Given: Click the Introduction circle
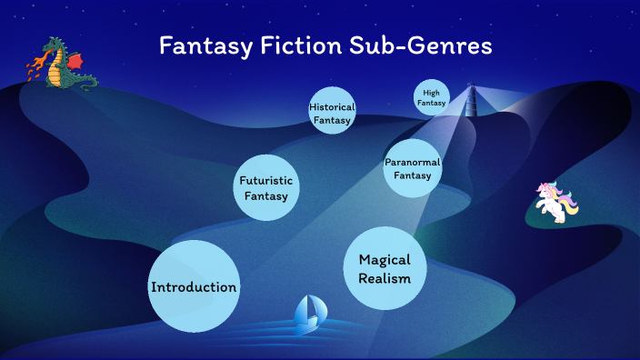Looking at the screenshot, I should (x=194, y=286).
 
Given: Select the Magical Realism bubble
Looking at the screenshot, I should (x=385, y=268).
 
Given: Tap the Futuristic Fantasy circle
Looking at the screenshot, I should (x=266, y=187).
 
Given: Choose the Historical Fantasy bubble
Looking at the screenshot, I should (x=331, y=111).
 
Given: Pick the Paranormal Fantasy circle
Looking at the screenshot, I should (x=412, y=167).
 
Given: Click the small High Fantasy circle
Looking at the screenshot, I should (x=432, y=97).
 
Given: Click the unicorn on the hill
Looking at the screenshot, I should (x=555, y=203).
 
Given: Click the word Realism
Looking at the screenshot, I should (x=385, y=278).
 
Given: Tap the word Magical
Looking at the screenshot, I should (x=385, y=259).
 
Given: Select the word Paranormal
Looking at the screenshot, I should (x=412, y=161).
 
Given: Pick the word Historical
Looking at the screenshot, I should (x=331, y=106).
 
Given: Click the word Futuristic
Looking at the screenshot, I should (x=265, y=180).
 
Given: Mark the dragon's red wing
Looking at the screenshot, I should (x=75, y=60).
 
